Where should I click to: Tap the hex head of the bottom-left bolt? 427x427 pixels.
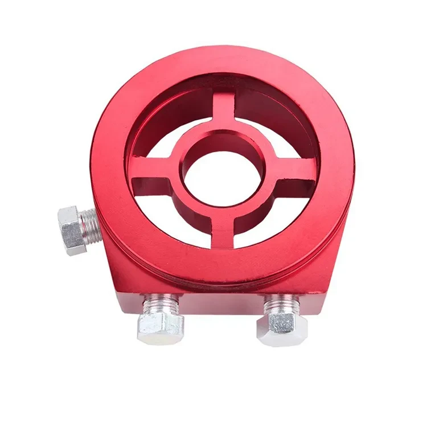(161, 325)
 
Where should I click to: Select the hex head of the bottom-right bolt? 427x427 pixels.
(279, 328)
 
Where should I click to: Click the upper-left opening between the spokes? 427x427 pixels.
(171, 137)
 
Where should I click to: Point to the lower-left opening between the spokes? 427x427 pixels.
(182, 219)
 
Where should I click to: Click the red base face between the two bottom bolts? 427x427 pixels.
(219, 305)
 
